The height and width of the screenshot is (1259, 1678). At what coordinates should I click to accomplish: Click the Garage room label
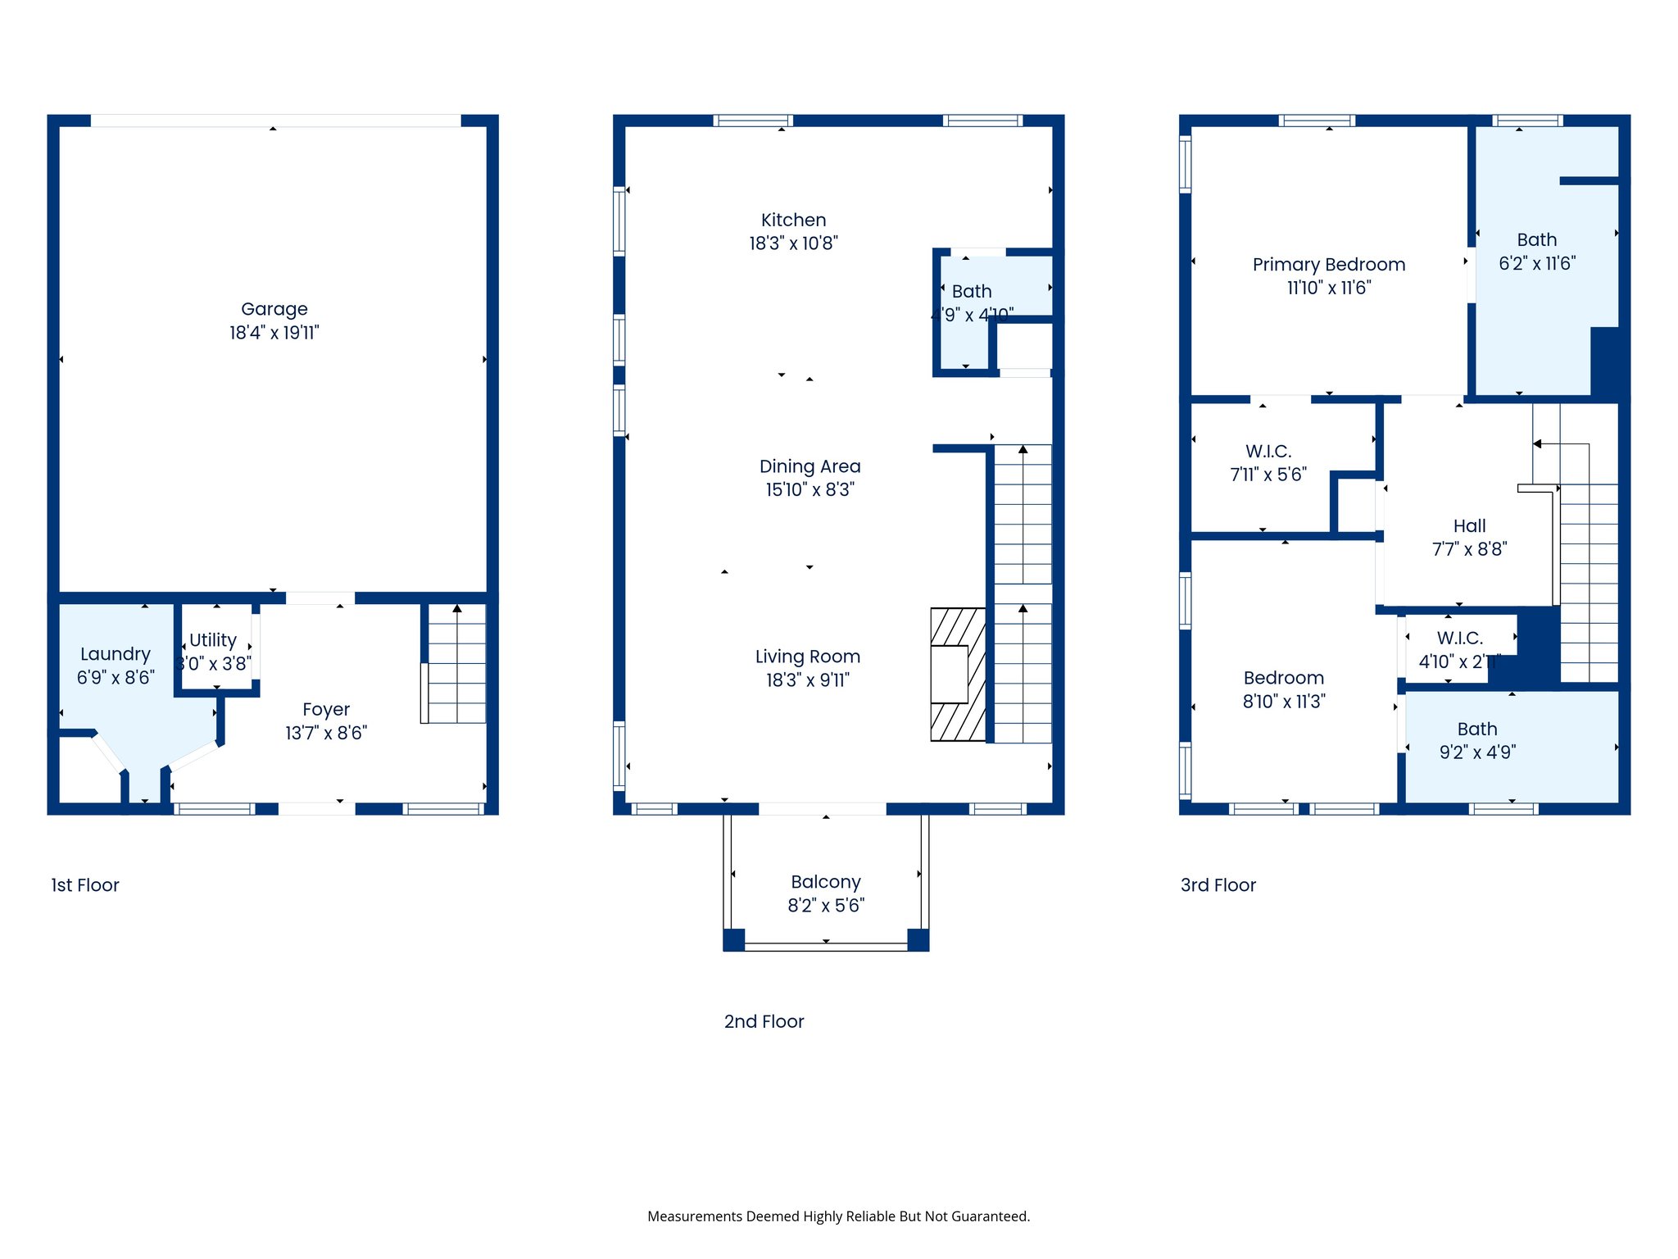click(274, 309)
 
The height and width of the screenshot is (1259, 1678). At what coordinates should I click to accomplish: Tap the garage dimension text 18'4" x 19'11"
click(274, 333)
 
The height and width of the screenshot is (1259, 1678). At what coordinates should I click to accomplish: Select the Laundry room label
click(116, 654)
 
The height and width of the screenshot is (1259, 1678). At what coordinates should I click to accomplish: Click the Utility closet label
click(213, 640)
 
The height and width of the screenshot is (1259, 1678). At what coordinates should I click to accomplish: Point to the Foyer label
click(326, 710)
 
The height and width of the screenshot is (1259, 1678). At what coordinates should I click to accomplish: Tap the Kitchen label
click(793, 220)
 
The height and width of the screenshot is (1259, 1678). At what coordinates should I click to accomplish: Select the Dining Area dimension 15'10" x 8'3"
click(810, 490)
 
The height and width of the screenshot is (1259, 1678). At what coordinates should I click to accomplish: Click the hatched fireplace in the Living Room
click(957, 675)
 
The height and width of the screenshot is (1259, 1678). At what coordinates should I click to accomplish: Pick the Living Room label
click(807, 657)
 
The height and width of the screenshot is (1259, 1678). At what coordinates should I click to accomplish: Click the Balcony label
click(825, 882)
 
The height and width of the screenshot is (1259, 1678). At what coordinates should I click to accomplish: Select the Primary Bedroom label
click(1328, 265)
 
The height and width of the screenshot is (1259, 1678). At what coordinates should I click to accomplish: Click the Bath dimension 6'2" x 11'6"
click(1536, 264)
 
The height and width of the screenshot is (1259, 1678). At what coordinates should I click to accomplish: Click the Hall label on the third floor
click(1469, 526)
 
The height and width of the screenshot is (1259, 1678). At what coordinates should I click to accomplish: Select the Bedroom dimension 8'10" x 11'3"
click(1283, 702)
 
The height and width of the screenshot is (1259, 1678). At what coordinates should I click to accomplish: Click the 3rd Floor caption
click(1218, 885)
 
